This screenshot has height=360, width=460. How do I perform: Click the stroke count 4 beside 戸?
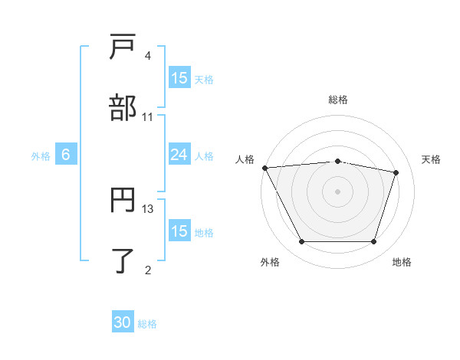click(147, 57)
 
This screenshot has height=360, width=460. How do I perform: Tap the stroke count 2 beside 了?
click(147, 269)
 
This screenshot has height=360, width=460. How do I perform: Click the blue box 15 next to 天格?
click(179, 78)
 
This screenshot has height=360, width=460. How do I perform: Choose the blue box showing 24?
click(179, 155)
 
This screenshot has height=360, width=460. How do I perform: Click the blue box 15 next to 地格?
click(179, 231)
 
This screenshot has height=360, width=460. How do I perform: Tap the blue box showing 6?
click(66, 155)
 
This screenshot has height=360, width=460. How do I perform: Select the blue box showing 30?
click(123, 323)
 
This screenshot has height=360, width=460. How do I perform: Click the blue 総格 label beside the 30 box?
click(147, 324)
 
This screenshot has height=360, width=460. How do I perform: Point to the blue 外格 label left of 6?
click(41, 155)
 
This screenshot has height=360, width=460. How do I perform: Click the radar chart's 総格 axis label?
click(337, 100)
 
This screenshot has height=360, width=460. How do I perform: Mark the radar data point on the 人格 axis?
click(264, 168)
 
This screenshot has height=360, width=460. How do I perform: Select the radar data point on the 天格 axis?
click(396, 172)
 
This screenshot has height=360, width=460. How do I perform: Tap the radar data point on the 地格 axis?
click(373, 242)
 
